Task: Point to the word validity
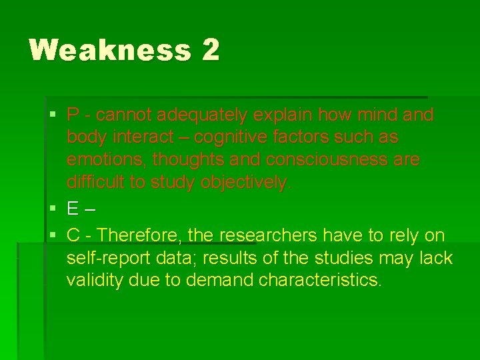pos(92,280)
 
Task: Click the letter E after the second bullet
pos(73,209)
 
